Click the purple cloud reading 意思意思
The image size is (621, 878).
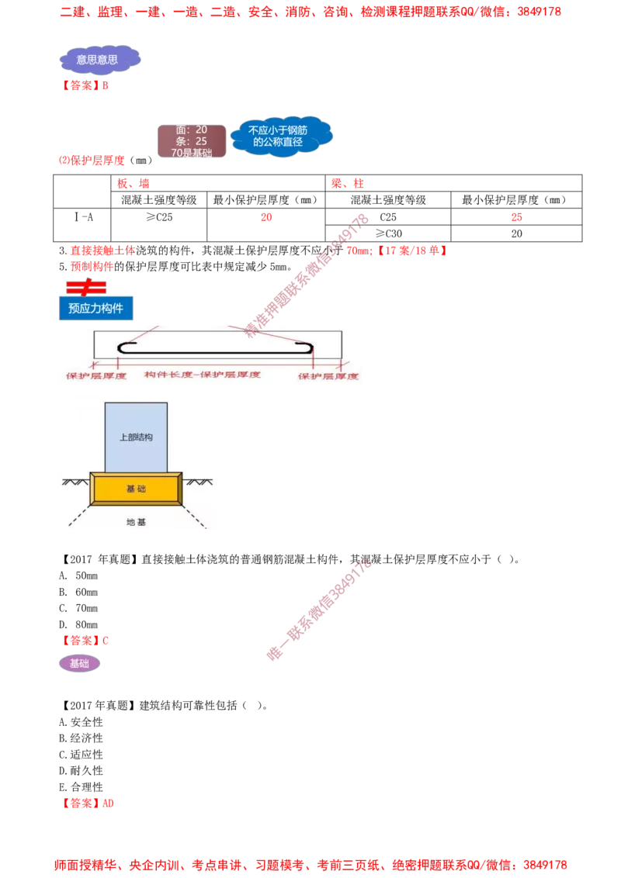pos(99,59)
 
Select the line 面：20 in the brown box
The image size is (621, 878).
pos(191,130)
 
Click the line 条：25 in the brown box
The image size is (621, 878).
pos(191,141)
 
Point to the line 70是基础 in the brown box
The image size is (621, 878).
pos(191,153)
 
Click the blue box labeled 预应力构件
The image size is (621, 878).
pos(96,308)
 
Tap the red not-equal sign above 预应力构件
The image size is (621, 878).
pos(85,287)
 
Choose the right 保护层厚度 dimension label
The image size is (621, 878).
pos(328,375)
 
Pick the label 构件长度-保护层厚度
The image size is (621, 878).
pos(202,375)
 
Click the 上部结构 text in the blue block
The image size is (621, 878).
pos(136,437)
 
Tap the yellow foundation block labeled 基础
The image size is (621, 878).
pos(137,489)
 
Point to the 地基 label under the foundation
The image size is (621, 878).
pos(136,522)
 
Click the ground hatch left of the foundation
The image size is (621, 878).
pos(75,482)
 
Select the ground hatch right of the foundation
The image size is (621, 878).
pos(198,482)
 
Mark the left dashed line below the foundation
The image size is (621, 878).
pos(79,518)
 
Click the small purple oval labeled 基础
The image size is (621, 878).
pos(79,664)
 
